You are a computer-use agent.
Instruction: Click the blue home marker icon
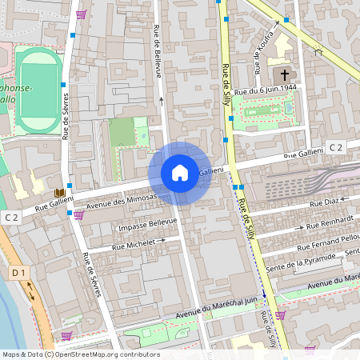(180, 173)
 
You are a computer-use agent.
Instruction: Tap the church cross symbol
(284, 74)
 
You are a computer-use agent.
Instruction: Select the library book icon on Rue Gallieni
(59, 193)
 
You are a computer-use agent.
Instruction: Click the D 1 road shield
(19, 273)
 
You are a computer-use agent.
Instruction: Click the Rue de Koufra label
(266, 46)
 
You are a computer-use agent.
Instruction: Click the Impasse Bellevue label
(146, 223)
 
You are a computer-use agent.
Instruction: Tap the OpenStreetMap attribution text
(80, 354)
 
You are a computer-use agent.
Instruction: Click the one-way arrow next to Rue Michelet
(161, 238)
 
